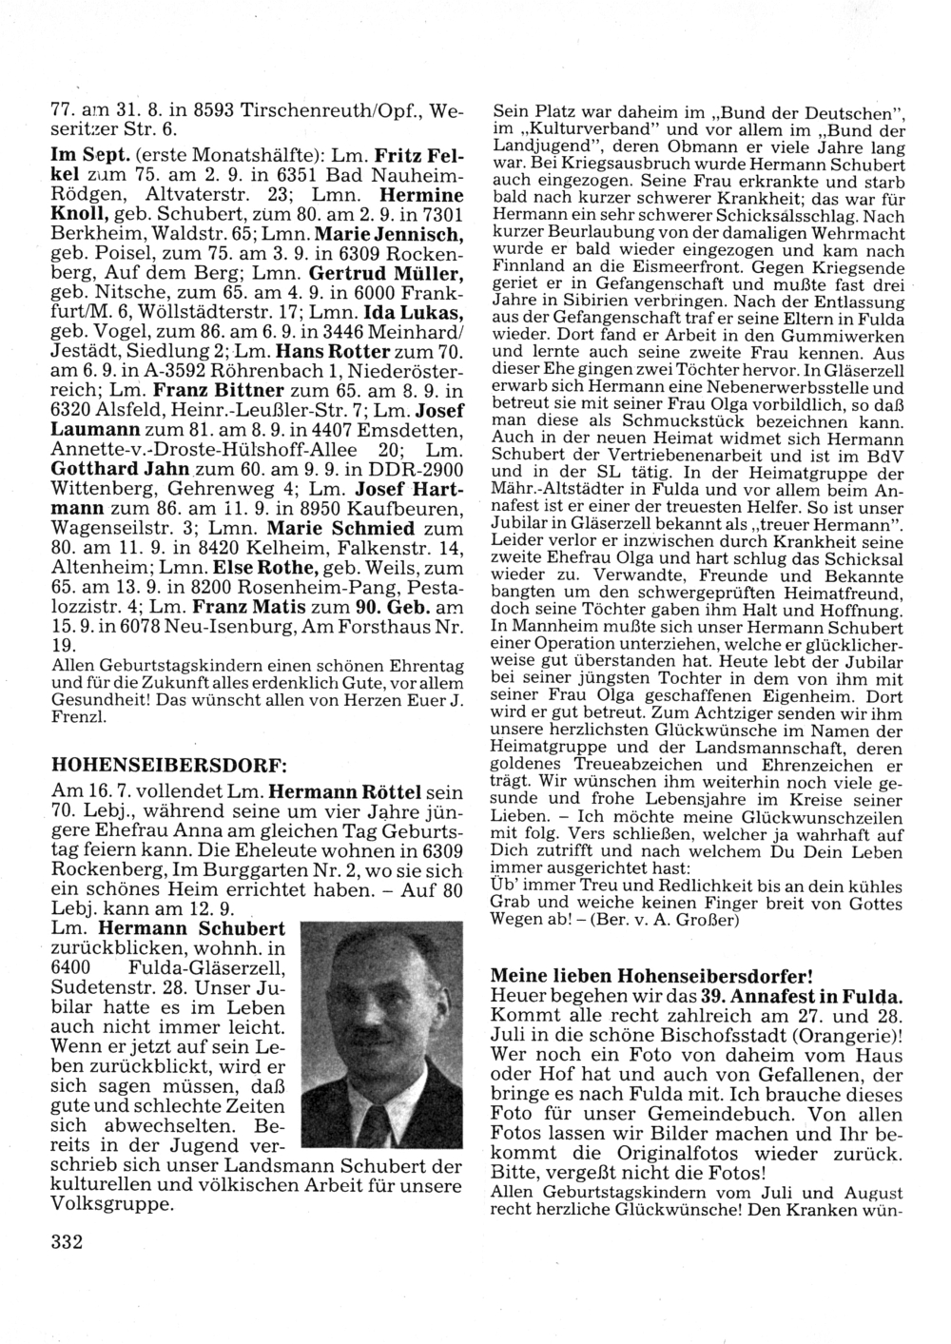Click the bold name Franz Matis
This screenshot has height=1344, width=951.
[x=243, y=605]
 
